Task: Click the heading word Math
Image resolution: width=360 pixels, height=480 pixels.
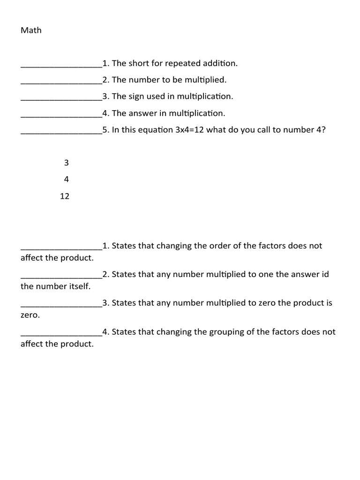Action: click(31, 30)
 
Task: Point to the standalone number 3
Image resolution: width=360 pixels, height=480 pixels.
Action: click(66, 163)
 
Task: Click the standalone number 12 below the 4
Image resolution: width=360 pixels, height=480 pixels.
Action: click(65, 196)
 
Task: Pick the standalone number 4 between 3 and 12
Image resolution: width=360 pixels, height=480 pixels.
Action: click(66, 180)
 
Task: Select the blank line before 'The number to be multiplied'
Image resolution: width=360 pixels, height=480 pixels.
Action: click(61, 82)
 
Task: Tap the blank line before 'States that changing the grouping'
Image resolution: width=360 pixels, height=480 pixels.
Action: click(61, 335)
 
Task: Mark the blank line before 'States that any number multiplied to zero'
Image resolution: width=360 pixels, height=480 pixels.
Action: click(61, 306)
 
